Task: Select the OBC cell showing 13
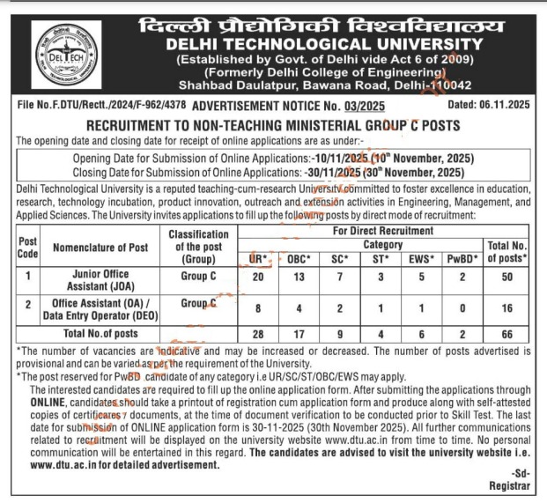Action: [297, 279]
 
